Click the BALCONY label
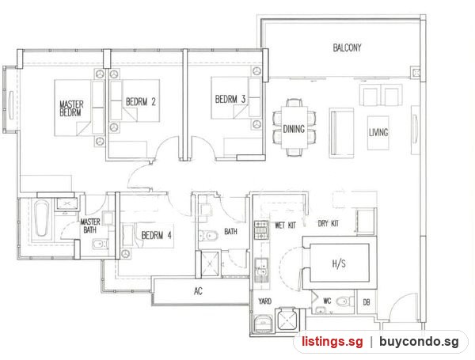[x=347, y=47]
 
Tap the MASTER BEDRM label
[x=71, y=108]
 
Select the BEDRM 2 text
[x=141, y=102]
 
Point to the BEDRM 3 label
[x=230, y=99]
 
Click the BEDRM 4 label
[x=156, y=235]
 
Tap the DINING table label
[x=294, y=129]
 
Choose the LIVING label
[x=378, y=132]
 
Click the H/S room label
[x=339, y=263]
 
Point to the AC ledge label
[x=198, y=291]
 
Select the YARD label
[x=264, y=301]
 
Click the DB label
[x=367, y=302]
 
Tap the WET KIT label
[x=285, y=225]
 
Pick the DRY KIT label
[x=328, y=224]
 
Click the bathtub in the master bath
[x=41, y=219]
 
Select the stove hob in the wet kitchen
[x=260, y=230]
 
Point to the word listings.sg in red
[x=332, y=342]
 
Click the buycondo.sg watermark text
[x=419, y=342]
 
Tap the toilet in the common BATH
[x=208, y=235]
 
